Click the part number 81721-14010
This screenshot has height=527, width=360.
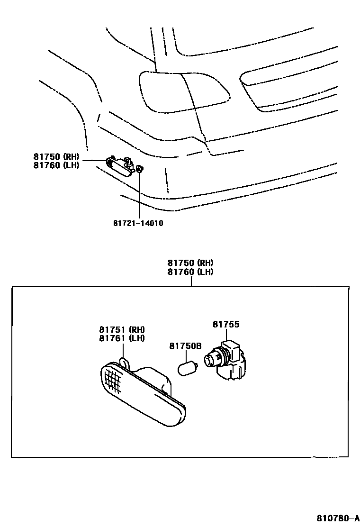pos(138,223)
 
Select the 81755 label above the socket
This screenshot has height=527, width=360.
pos(226,324)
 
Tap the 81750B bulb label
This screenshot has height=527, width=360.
pos(186,346)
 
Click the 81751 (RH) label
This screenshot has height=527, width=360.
pos(122,329)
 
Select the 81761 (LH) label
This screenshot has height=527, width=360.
pos(122,338)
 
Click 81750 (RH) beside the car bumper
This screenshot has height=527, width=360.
pos(56,157)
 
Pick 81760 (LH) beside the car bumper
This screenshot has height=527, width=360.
pos(56,165)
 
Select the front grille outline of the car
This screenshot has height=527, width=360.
pos(289,90)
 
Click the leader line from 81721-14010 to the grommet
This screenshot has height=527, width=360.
pos(139,194)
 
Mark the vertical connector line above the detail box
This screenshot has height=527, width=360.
pos(191,282)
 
